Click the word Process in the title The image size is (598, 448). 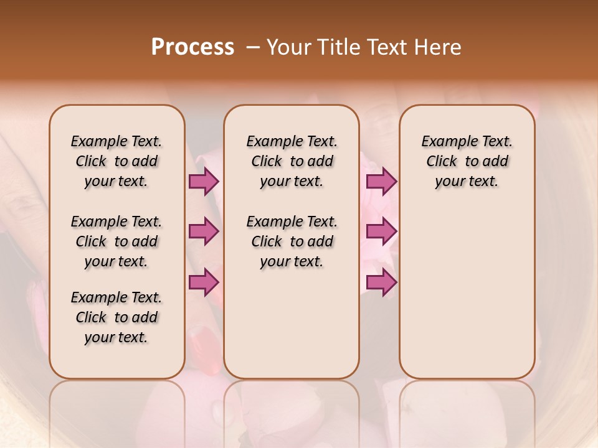(x=192, y=47)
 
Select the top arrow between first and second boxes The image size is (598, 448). (x=204, y=182)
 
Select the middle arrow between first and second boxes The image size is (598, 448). (x=204, y=232)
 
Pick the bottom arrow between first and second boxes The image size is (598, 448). (x=204, y=282)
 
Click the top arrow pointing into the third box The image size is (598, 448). (x=381, y=182)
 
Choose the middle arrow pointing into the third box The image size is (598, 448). (x=381, y=232)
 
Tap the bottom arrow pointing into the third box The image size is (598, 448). (x=381, y=282)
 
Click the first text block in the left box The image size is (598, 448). (x=116, y=161)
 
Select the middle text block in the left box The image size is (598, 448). (x=116, y=241)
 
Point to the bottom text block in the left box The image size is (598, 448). (x=116, y=317)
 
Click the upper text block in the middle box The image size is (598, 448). (x=292, y=161)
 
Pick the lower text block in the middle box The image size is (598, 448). (x=292, y=241)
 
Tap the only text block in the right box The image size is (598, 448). (x=467, y=161)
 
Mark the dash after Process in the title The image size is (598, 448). (x=253, y=47)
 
